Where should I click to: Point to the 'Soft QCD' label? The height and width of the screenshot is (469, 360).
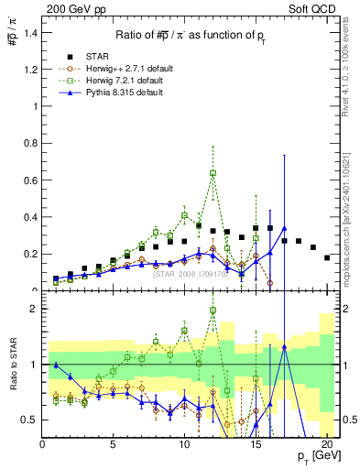[x=317, y=7]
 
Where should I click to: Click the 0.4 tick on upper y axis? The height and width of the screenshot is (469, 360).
[x=29, y=217]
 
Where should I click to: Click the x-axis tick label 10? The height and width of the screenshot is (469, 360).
[x=184, y=444]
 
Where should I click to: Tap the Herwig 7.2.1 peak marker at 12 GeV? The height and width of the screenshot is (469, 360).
[x=213, y=172]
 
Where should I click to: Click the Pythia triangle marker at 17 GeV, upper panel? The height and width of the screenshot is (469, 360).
[x=284, y=228]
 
